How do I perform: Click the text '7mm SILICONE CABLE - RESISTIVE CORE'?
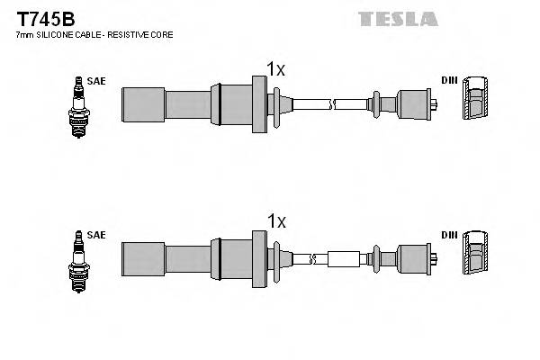[94, 34]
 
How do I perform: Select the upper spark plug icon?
[78, 106]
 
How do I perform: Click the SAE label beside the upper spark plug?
[97, 81]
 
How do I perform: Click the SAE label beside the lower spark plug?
[97, 235]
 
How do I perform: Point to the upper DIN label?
[448, 81]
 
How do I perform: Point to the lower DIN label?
[448, 235]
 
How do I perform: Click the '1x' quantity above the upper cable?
[275, 68]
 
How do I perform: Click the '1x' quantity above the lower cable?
[275, 221]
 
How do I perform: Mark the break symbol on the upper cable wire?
[332, 104]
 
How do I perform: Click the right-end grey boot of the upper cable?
[414, 103]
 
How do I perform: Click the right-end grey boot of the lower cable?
[414, 258]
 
